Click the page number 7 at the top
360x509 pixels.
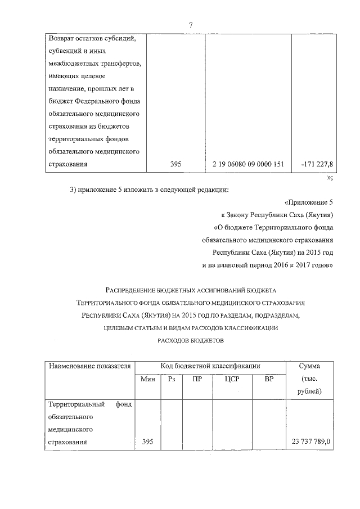coord(191,25)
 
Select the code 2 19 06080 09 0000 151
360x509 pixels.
coord(248,164)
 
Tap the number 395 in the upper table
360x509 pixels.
coord(175,164)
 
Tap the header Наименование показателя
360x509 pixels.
coord(90,366)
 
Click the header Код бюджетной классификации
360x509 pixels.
coord(210,366)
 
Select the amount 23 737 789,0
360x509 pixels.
coord(310,442)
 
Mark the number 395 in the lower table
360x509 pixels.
coord(147,442)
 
